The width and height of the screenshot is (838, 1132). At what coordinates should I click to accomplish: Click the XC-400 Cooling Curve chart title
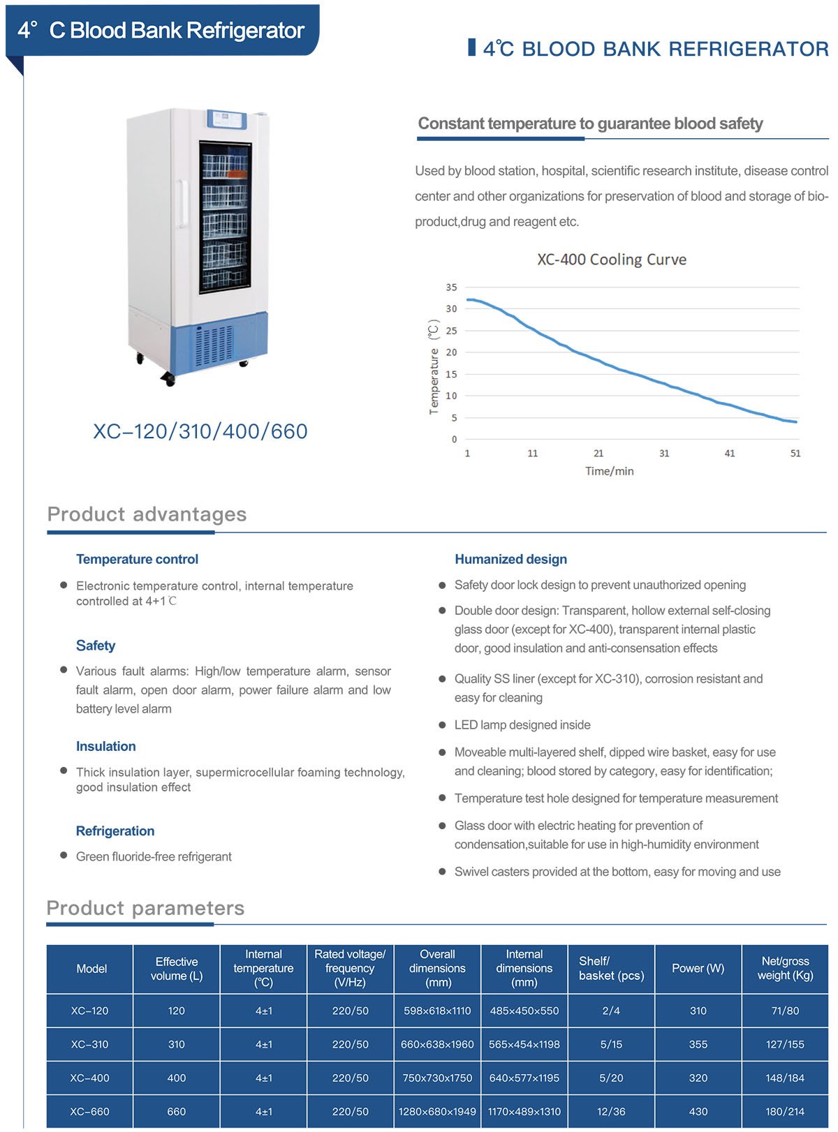tap(612, 260)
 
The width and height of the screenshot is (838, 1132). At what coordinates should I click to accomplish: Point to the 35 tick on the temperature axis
tap(452, 287)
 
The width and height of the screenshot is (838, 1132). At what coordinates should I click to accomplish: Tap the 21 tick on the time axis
tap(598, 454)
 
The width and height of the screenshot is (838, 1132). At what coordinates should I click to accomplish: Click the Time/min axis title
tap(610, 471)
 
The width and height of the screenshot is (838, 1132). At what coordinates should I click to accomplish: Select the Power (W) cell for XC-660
tap(698, 1111)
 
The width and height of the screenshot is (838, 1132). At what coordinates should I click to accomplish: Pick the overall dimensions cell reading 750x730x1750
tap(437, 1078)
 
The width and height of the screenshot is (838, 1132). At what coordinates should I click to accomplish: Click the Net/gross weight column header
tap(785, 968)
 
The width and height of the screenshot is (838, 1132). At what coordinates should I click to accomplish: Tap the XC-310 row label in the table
tap(90, 1044)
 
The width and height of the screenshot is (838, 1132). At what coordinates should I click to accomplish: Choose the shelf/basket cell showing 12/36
tap(611, 1111)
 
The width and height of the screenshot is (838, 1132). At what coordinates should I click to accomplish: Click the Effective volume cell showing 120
tap(177, 1011)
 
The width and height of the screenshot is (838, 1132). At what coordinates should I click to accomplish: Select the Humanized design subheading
tap(510, 559)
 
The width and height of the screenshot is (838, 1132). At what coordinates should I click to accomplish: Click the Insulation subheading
tap(106, 746)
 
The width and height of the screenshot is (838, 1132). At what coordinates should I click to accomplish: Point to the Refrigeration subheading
tap(115, 831)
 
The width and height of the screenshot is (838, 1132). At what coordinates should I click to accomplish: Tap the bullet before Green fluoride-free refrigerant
tap(64, 855)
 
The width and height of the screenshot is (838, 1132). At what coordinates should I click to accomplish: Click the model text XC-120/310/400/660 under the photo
tap(200, 431)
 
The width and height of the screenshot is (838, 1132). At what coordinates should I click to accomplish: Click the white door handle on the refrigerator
tap(182, 204)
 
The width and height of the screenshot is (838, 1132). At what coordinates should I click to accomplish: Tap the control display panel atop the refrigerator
tap(228, 119)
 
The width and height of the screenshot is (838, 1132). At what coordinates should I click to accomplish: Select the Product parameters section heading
tap(145, 908)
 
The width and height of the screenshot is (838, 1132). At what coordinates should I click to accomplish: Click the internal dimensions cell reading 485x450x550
tap(524, 1011)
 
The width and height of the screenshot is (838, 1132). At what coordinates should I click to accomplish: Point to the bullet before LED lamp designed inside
tap(442, 725)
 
